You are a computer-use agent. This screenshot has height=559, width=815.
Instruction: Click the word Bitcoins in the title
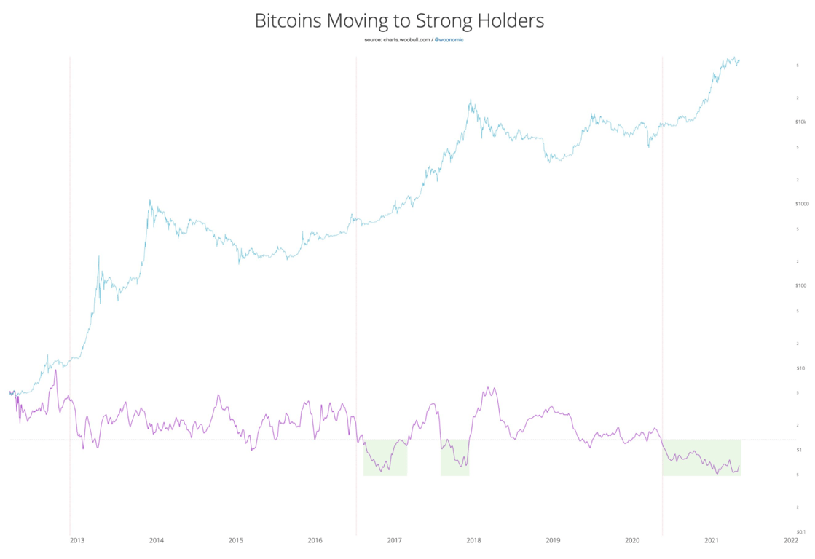click(288, 20)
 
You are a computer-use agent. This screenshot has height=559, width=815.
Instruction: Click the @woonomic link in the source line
click(449, 39)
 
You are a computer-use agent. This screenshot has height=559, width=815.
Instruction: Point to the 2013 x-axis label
click(77, 540)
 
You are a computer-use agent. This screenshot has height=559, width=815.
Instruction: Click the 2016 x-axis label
click(315, 540)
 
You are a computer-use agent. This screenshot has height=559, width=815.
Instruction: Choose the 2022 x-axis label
click(790, 540)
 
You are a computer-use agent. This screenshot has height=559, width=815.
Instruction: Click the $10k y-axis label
click(800, 122)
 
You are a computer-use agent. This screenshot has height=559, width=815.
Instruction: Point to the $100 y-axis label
click(800, 285)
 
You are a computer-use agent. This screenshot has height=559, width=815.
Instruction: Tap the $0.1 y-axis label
click(800, 532)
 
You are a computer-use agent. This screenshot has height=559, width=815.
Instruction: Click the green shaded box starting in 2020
click(701, 457)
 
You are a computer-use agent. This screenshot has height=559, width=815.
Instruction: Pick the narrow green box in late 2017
click(454, 457)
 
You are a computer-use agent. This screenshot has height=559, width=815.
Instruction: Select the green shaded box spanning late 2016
click(385, 457)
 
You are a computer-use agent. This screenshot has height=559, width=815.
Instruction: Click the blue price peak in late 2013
click(150, 201)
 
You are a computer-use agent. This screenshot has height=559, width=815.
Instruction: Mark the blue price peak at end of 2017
click(471, 100)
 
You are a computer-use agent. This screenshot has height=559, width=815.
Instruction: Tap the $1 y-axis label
click(800, 450)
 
